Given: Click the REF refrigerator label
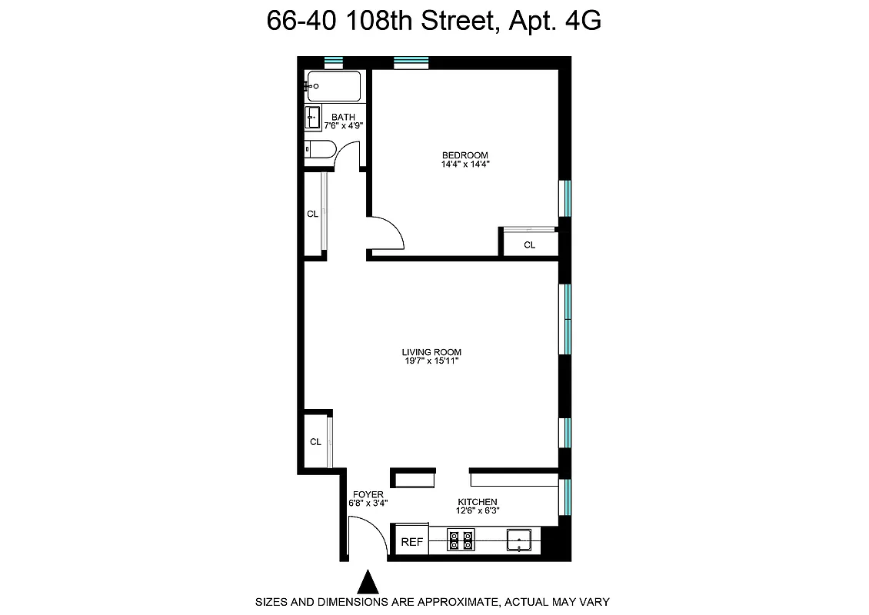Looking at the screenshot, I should pyautogui.click(x=412, y=542).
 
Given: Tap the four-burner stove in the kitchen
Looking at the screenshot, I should pyautogui.click(x=461, y=541).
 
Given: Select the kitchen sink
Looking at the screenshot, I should pyautogui.click(x=519, y=541).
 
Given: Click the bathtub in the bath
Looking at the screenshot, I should pyautogui.click(x=335, y=86).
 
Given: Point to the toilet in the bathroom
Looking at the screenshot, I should pyautogui.click(x=318, y=148).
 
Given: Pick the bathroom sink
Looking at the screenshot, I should pyautogui.click(x=314, y=118).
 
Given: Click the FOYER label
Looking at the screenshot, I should pyautogui.click(x=368, y=494).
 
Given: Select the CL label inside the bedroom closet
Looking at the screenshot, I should pyautogui.click(x=529, y=245).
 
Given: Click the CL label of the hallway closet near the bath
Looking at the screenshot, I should pyautogui.click(x=312, y=214).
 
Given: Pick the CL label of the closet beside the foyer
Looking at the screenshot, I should pyautogui.click(x=315, y=442).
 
